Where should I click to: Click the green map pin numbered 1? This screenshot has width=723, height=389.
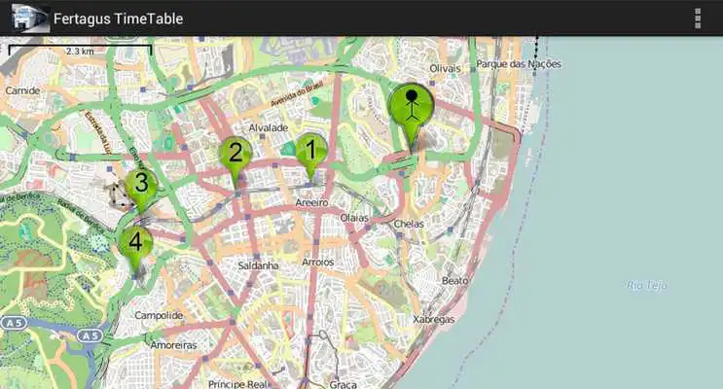click(311, 152)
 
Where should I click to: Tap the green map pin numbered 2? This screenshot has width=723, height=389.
click(235, 154)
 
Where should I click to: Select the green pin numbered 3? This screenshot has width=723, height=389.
click(141, 185)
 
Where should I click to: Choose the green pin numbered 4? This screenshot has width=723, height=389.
click(135, 242)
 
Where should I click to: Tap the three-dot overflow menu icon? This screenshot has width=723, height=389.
click(698, 18)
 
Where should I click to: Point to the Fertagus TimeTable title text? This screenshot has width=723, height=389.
click(118, 18)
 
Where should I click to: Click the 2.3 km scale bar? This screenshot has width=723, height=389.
click(79, 49)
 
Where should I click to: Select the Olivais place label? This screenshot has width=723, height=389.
click(444, 69)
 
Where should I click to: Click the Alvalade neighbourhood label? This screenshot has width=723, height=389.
click(268, 127)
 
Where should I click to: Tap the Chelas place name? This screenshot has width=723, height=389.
click(409, 223)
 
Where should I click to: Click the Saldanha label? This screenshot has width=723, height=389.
click(258, 265)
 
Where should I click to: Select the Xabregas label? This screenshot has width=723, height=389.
click(433, 319)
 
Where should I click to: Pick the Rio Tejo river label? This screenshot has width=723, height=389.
click(645, 285)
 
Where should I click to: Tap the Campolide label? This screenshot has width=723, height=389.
click(159, 316)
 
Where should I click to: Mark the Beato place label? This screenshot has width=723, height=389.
click(454, 280)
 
